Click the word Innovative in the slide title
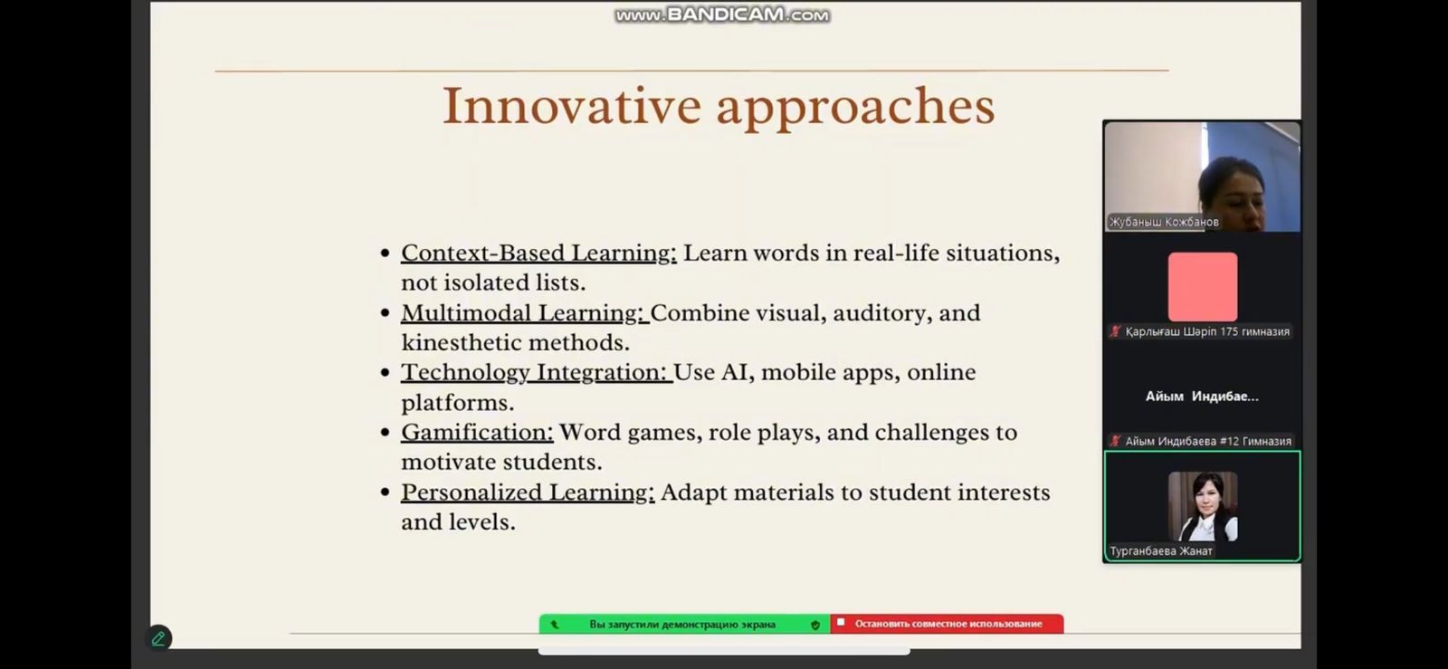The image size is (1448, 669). pos(572,105)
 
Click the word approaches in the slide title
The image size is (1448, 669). pos(856,109)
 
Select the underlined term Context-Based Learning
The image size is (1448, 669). pos(538,253)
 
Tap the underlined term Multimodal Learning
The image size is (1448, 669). pos(523,313)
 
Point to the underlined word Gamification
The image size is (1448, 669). pos(477,433)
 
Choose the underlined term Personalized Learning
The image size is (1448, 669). pos(528,492)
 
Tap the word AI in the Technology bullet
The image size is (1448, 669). pos(734,372)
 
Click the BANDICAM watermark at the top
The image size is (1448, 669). pos(722,14)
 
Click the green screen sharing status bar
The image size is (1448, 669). pos(684,624)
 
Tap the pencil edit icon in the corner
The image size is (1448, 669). pos(158,638)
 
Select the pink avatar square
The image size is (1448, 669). pos(1203,286)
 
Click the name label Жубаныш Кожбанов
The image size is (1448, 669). pos(1164,222)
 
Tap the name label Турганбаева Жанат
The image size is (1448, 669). pos(1161,550)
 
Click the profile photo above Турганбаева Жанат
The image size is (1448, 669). pos(1203,506)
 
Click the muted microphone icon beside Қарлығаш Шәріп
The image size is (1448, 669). pos(1115,331)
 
